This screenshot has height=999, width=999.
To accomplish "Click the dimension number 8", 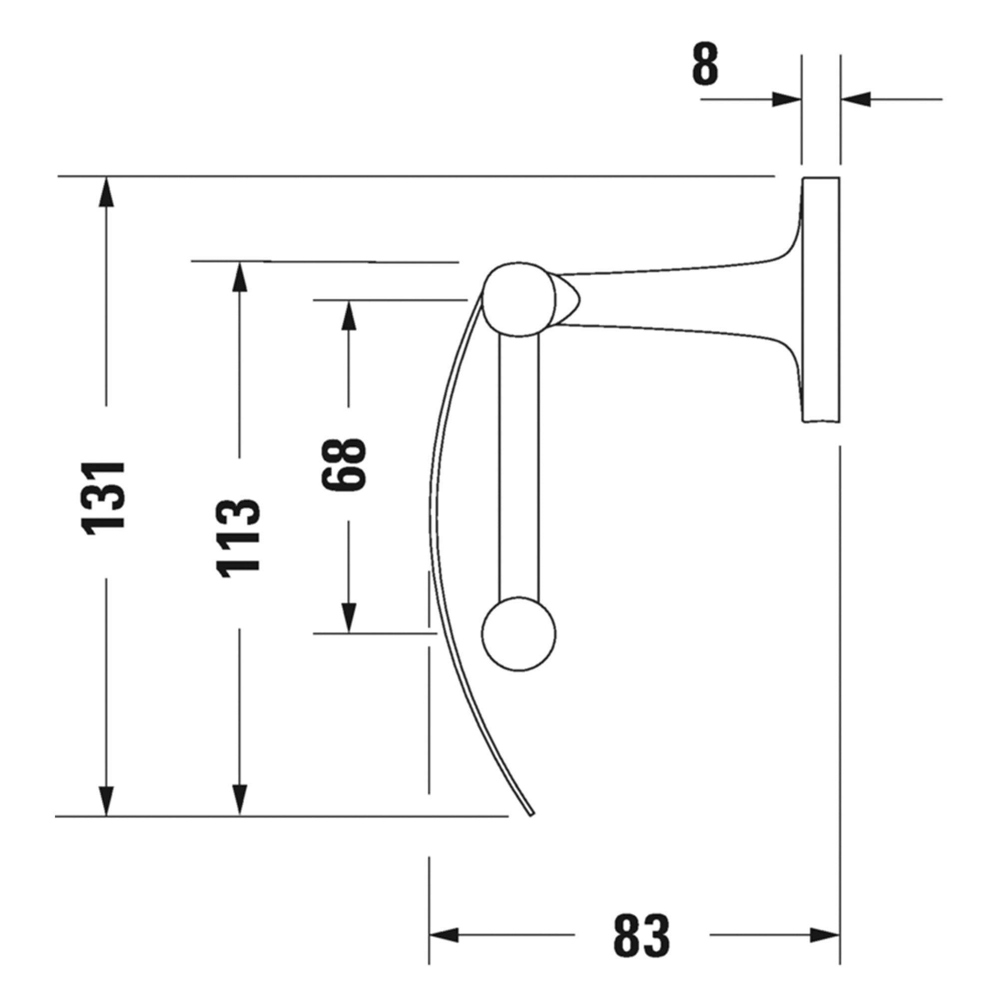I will click(x=705, y=65).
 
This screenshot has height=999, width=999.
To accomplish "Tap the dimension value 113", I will click(x=238, y=538).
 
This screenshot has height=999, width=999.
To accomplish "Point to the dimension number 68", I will click(x=344, y=464).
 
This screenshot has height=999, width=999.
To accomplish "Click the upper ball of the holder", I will click(x=518, y=300).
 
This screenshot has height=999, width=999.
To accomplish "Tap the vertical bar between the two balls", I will click(x=519, y=466).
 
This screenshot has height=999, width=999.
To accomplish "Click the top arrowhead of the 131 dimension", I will click(x=106, y=192).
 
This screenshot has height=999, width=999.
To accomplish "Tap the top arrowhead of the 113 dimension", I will click(x=239, y=277).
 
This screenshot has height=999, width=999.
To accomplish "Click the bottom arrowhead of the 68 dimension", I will click(x=349, y=618).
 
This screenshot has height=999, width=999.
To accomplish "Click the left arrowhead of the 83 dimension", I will click(x=445, y=935).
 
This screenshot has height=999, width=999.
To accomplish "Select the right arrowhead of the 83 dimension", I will click(x=824, y=935).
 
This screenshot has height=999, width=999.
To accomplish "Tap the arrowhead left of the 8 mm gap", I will click(x=786, y=99).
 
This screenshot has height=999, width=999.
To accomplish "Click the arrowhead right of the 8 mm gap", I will click(x=856, y=99).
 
